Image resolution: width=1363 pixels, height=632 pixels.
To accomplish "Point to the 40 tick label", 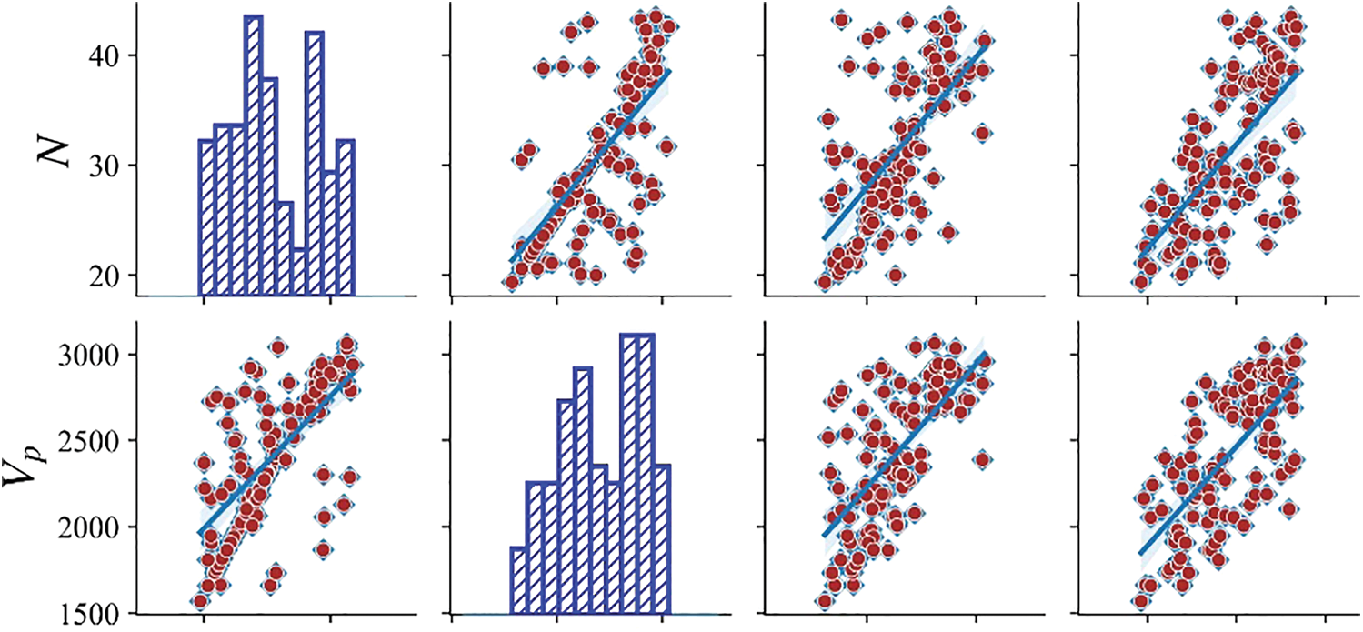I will click(x=110, y=55).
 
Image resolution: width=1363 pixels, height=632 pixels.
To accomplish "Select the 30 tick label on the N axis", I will click(x=110, y=166).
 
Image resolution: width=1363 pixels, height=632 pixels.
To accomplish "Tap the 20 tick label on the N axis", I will click(x=110, y=275).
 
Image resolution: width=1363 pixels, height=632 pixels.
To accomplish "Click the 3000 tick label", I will click(x=95, y=354).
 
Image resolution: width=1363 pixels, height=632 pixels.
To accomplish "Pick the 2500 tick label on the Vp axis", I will click(x=95, y=440).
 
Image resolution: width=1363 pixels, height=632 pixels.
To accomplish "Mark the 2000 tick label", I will click(x=95, y=527).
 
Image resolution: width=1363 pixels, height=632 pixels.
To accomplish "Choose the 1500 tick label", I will click(x=95, y=613).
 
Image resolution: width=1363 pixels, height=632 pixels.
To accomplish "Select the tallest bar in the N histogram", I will click(x=253, y=155).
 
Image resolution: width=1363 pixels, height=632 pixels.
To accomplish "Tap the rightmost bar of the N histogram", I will click(x=346, y=218).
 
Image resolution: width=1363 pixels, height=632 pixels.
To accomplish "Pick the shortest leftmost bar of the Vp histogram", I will click(x=517, y=580).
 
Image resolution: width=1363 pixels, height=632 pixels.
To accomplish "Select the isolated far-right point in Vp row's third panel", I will click(x=981, y=459).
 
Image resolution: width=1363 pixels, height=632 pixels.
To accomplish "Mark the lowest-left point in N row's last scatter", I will click(x=1141, y=282).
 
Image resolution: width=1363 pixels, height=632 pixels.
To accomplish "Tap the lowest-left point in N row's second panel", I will click(x=512, y=282).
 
